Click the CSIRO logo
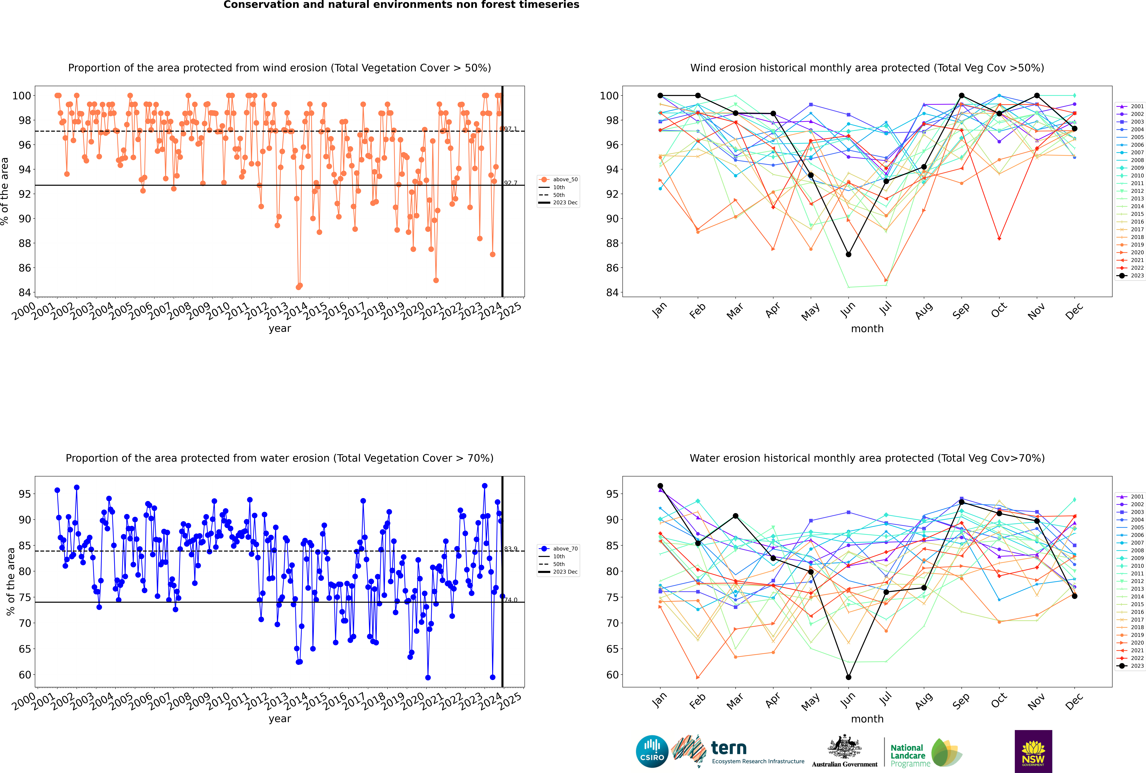tap(652, 751)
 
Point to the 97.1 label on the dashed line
tap(510, 129)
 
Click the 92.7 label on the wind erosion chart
tap(510, 183)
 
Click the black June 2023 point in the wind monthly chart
tap(848, 254)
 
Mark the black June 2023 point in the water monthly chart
tap(848, 677)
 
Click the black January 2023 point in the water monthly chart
tap(660, 486)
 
